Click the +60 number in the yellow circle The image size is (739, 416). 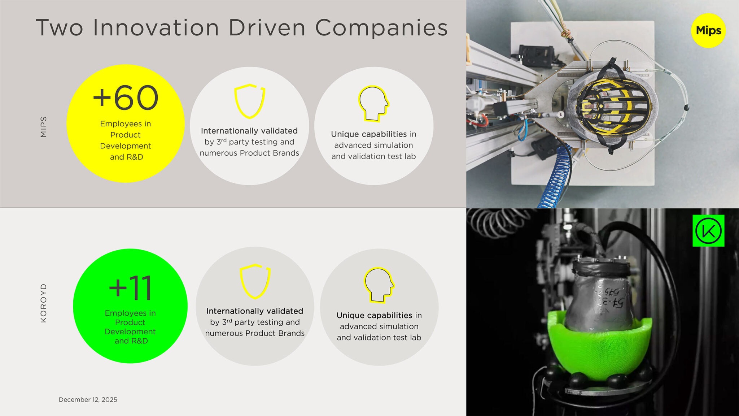126,98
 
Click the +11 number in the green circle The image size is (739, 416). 130,288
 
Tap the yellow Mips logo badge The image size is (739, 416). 708,31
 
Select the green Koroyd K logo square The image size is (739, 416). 708,231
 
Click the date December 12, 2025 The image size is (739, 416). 88,399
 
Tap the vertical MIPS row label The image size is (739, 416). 44,127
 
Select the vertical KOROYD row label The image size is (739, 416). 44,303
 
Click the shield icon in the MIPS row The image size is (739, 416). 249,101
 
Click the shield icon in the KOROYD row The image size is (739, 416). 255,282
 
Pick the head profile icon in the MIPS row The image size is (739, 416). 373,103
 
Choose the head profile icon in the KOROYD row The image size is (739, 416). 379,285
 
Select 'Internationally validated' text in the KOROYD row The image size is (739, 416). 255,311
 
